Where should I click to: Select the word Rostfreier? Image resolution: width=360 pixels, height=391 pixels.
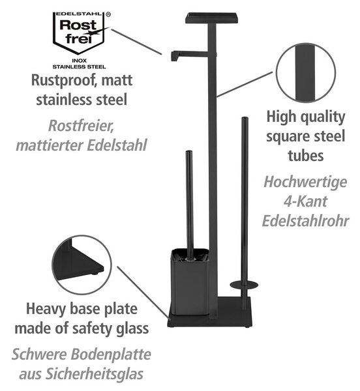point(81,125)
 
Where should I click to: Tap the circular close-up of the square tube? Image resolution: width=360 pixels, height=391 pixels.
point(306,73)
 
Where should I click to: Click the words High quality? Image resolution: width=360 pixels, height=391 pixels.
point(306,117)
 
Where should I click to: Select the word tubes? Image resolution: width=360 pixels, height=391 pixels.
point(306,155)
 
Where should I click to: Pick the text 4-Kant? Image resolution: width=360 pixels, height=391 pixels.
point(305,201)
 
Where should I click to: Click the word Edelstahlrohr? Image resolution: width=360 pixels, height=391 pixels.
point(305,220)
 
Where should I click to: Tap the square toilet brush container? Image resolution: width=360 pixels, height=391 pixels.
point(190,282)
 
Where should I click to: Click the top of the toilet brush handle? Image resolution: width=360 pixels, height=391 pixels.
point(189,152)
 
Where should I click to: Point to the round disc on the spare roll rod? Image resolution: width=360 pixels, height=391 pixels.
point(244,285)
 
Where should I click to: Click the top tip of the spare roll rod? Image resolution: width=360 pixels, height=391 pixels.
point(245,118)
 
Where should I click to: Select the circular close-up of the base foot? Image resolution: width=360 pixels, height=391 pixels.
point(82,265)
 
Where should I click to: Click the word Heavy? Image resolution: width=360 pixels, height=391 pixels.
point(46,309)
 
